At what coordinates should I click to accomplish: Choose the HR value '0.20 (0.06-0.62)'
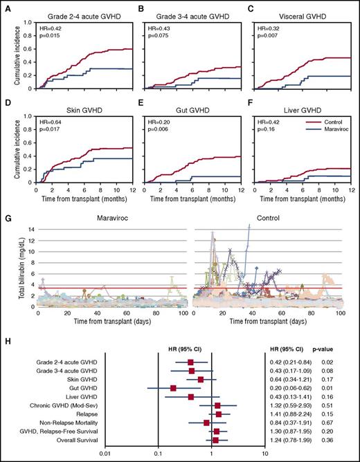291,388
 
